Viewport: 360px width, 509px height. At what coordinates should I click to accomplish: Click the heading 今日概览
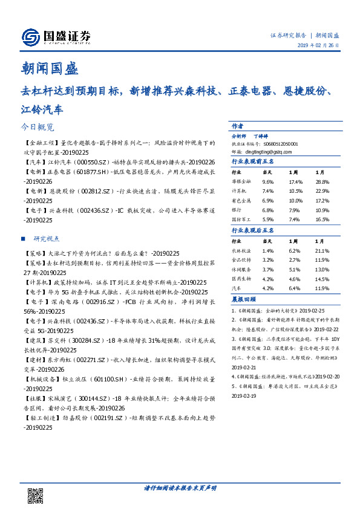coord(37,128)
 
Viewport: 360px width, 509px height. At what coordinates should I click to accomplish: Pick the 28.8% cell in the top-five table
coord(322,181)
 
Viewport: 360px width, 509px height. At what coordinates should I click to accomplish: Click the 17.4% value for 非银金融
coord(295,181)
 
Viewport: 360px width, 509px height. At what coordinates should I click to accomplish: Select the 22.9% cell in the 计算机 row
coord(322,190)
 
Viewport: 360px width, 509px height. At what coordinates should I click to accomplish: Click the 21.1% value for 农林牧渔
coord(322,250)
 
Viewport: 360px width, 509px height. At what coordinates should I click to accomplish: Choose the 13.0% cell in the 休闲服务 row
coord(322,268)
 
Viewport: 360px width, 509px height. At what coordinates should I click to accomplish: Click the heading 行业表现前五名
coord(253,161)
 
